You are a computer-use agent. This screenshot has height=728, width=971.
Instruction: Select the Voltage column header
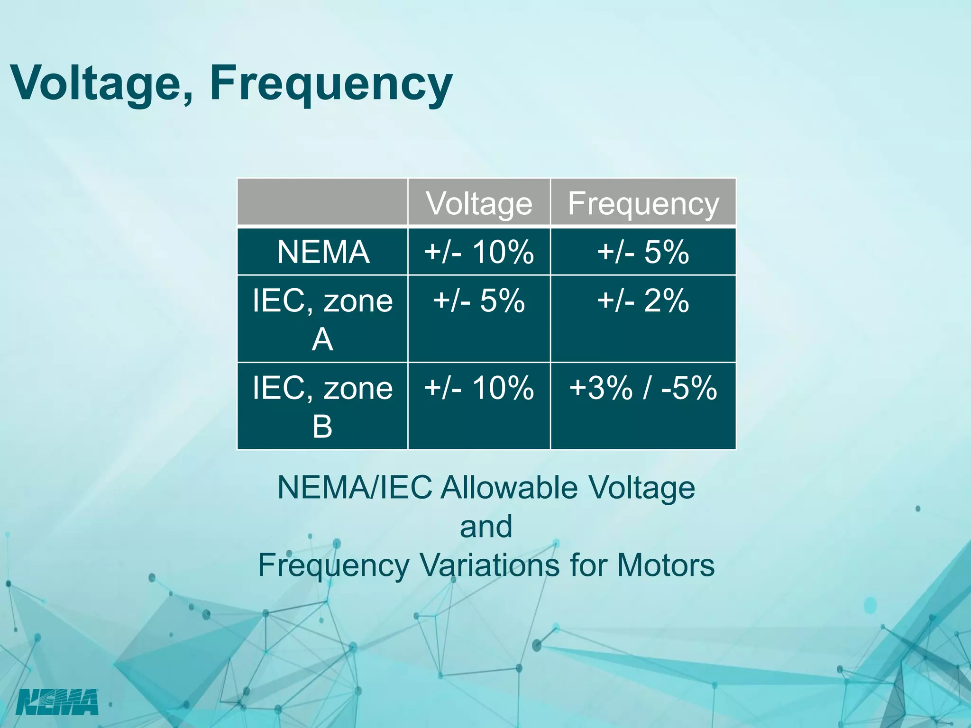[x=479, y=203]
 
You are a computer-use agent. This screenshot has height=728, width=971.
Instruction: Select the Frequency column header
[x=643, y=203]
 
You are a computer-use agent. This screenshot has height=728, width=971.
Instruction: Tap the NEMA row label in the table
[x=323, y=252]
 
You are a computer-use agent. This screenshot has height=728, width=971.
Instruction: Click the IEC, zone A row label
[x=322, y=319]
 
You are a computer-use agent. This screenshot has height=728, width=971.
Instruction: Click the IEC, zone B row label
[x=322, y=406]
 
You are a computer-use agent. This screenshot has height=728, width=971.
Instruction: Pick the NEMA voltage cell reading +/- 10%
[x=479, y=252]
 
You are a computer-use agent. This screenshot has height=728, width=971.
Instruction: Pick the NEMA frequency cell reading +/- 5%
[x=643, y=252]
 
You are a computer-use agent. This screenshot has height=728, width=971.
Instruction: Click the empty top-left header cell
[x=322, y=202]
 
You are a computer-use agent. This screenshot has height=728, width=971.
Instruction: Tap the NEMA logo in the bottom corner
[x=57, y=702]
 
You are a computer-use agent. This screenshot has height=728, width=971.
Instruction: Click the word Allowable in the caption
[x=509, y=488]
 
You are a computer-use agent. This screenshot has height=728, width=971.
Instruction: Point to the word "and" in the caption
[x=486, y=527]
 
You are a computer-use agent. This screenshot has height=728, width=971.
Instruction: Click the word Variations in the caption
[x=490, y=565]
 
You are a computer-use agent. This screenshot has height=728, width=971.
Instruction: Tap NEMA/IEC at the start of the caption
[x=355, y=488]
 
